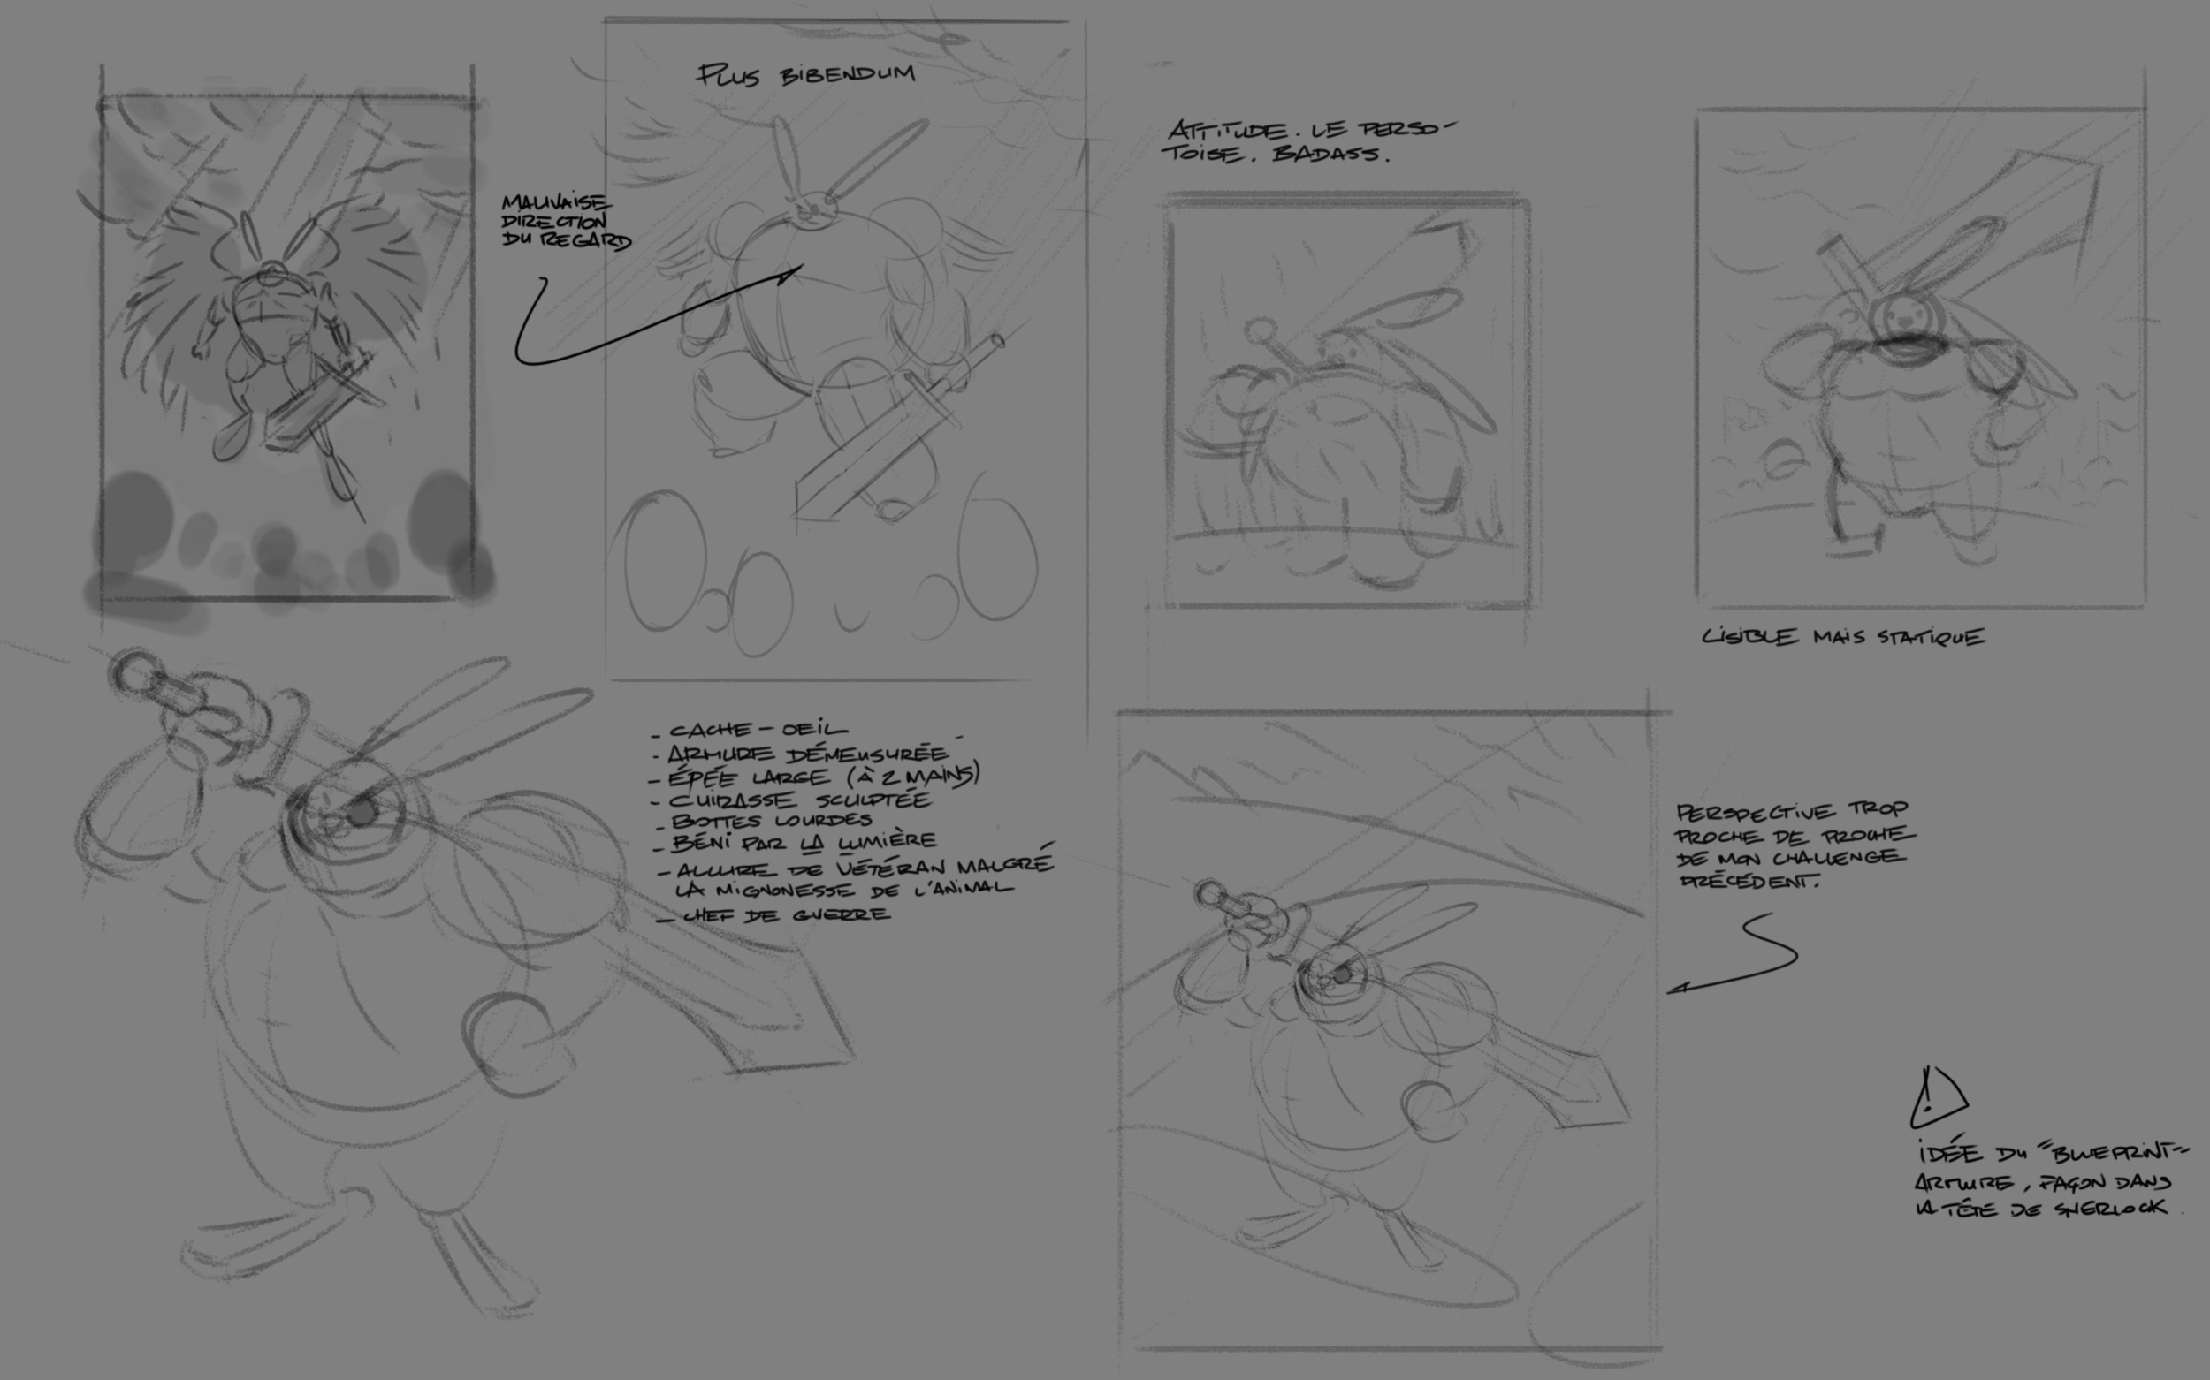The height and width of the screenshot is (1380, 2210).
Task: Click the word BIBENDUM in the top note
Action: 848,74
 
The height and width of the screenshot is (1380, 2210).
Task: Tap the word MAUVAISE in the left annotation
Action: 556,202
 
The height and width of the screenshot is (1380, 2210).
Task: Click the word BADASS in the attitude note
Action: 1330,154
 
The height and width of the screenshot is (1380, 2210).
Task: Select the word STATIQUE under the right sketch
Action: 1930,636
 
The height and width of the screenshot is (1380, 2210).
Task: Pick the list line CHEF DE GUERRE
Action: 783,914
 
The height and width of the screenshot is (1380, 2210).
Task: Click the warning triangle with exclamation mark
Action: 1936,1097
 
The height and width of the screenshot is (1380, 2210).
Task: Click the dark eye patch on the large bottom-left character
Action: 362,812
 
